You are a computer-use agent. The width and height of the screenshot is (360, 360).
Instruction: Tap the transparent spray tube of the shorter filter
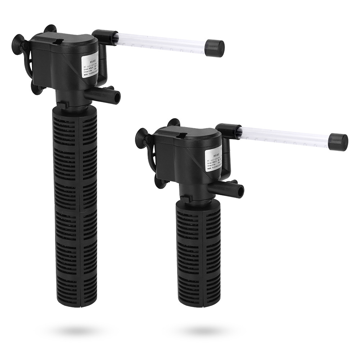tap(284, 135)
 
